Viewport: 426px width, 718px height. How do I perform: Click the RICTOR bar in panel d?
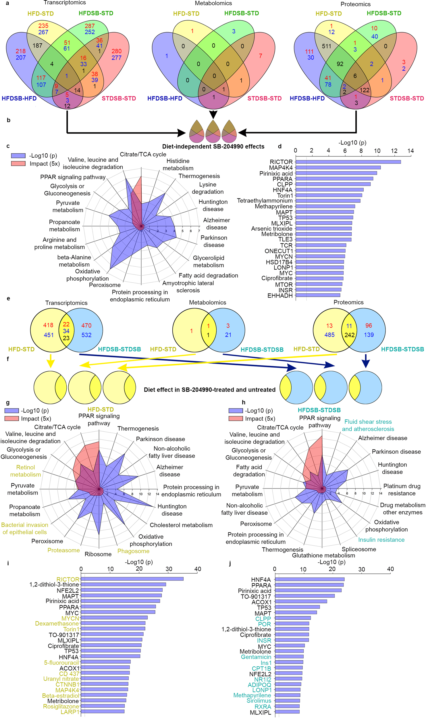348,162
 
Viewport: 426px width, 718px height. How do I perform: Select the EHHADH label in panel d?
280,296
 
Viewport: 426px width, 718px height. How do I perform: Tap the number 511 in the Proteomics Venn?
326,46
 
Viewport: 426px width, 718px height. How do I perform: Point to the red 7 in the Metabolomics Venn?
260,56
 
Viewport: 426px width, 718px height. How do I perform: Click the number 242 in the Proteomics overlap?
349,335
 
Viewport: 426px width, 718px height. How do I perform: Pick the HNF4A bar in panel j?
309,579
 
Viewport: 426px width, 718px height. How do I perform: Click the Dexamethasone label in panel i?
57,624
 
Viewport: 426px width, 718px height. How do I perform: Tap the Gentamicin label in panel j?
256,657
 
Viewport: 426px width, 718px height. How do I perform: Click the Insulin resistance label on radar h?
381,540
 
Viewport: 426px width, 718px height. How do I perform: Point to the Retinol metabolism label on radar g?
26,471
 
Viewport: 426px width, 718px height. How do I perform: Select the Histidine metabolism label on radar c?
178,165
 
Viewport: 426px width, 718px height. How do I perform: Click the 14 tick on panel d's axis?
410,151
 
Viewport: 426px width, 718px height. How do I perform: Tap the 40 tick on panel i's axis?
198,569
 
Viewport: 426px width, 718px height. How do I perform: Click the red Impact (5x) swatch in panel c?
18,164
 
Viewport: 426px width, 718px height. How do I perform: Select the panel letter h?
244,402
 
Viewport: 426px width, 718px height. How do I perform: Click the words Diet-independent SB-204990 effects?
213,146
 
